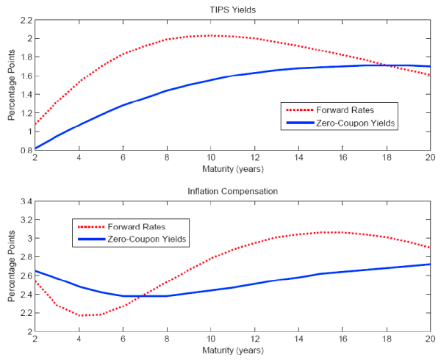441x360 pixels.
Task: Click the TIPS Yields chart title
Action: click(232, 9)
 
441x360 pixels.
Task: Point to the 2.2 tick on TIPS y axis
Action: click(25, 19)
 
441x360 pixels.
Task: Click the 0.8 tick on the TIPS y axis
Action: click(25, 150)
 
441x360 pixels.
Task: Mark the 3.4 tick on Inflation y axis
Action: click(25, 201)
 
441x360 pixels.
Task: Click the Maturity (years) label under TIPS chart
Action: click(232, 170)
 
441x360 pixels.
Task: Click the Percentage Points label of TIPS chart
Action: click(11, 84)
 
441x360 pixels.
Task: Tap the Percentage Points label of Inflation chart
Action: click(11, 266)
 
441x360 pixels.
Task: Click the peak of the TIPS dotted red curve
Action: click(210, 35)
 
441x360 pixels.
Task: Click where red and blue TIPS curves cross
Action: click(396, 65)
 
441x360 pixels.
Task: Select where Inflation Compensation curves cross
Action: click(140, 296)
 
